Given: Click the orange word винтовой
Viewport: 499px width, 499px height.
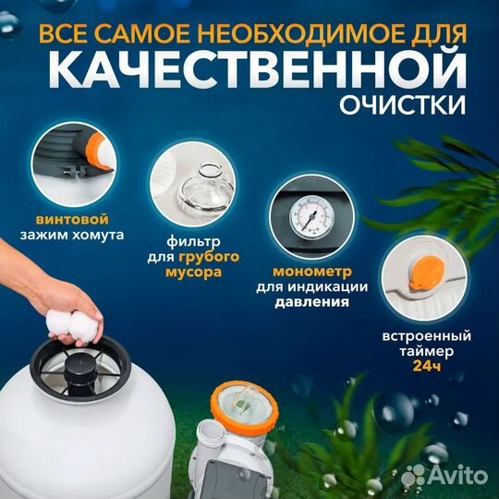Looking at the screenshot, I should point(77,219).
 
